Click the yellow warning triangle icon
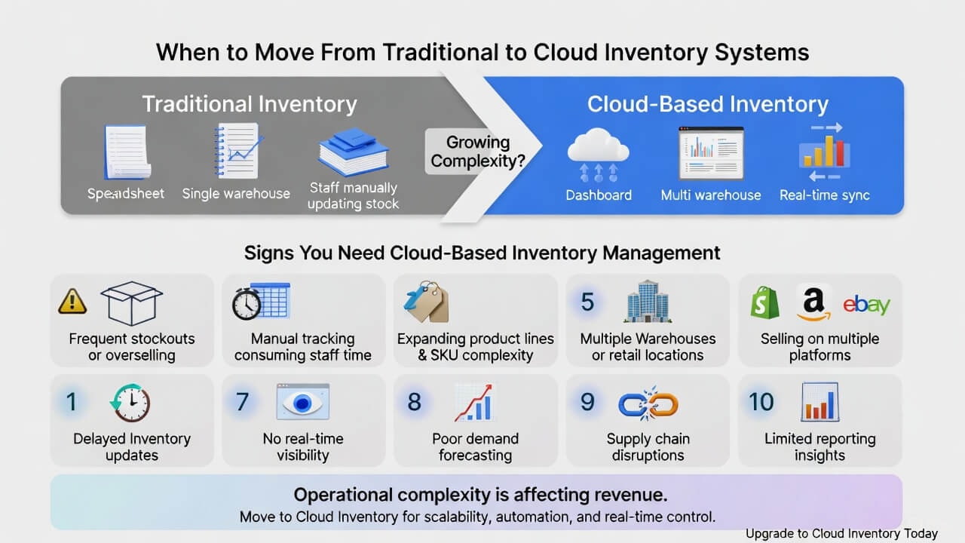pyautogui.click(x=72, y=302)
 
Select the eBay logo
pyautogui.click(x=866, y=304)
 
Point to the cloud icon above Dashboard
pyautogui.click(x=598, y=146)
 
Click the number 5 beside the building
pyautogui.click(x=587, y=302)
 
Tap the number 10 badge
pyautogui.click(x=761, y=402)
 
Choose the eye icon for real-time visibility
pyautogui.click(x=302, y=402)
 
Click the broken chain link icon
pyautogui.click(x=648, y=404)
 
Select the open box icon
pyautogui.click(x=131, y=302)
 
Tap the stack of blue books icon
pyautogui.click(x=352, y=151)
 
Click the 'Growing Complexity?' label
pyautogui.click(x=477, y=151)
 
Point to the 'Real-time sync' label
pyautogui.click(x=824, y=195)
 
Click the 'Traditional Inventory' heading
pyautogui.click(x=250, y=104)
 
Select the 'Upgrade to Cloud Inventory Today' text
pyautogui.click(x=841, y=533)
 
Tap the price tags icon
pyautogui.click(x=425, y=301)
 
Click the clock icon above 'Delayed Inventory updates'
pyautogui.click(x=130, y=403)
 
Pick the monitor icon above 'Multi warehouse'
pyautogui.click(x=711, y=152)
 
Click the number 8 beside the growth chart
pyautogui.click(x=414, y=402)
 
